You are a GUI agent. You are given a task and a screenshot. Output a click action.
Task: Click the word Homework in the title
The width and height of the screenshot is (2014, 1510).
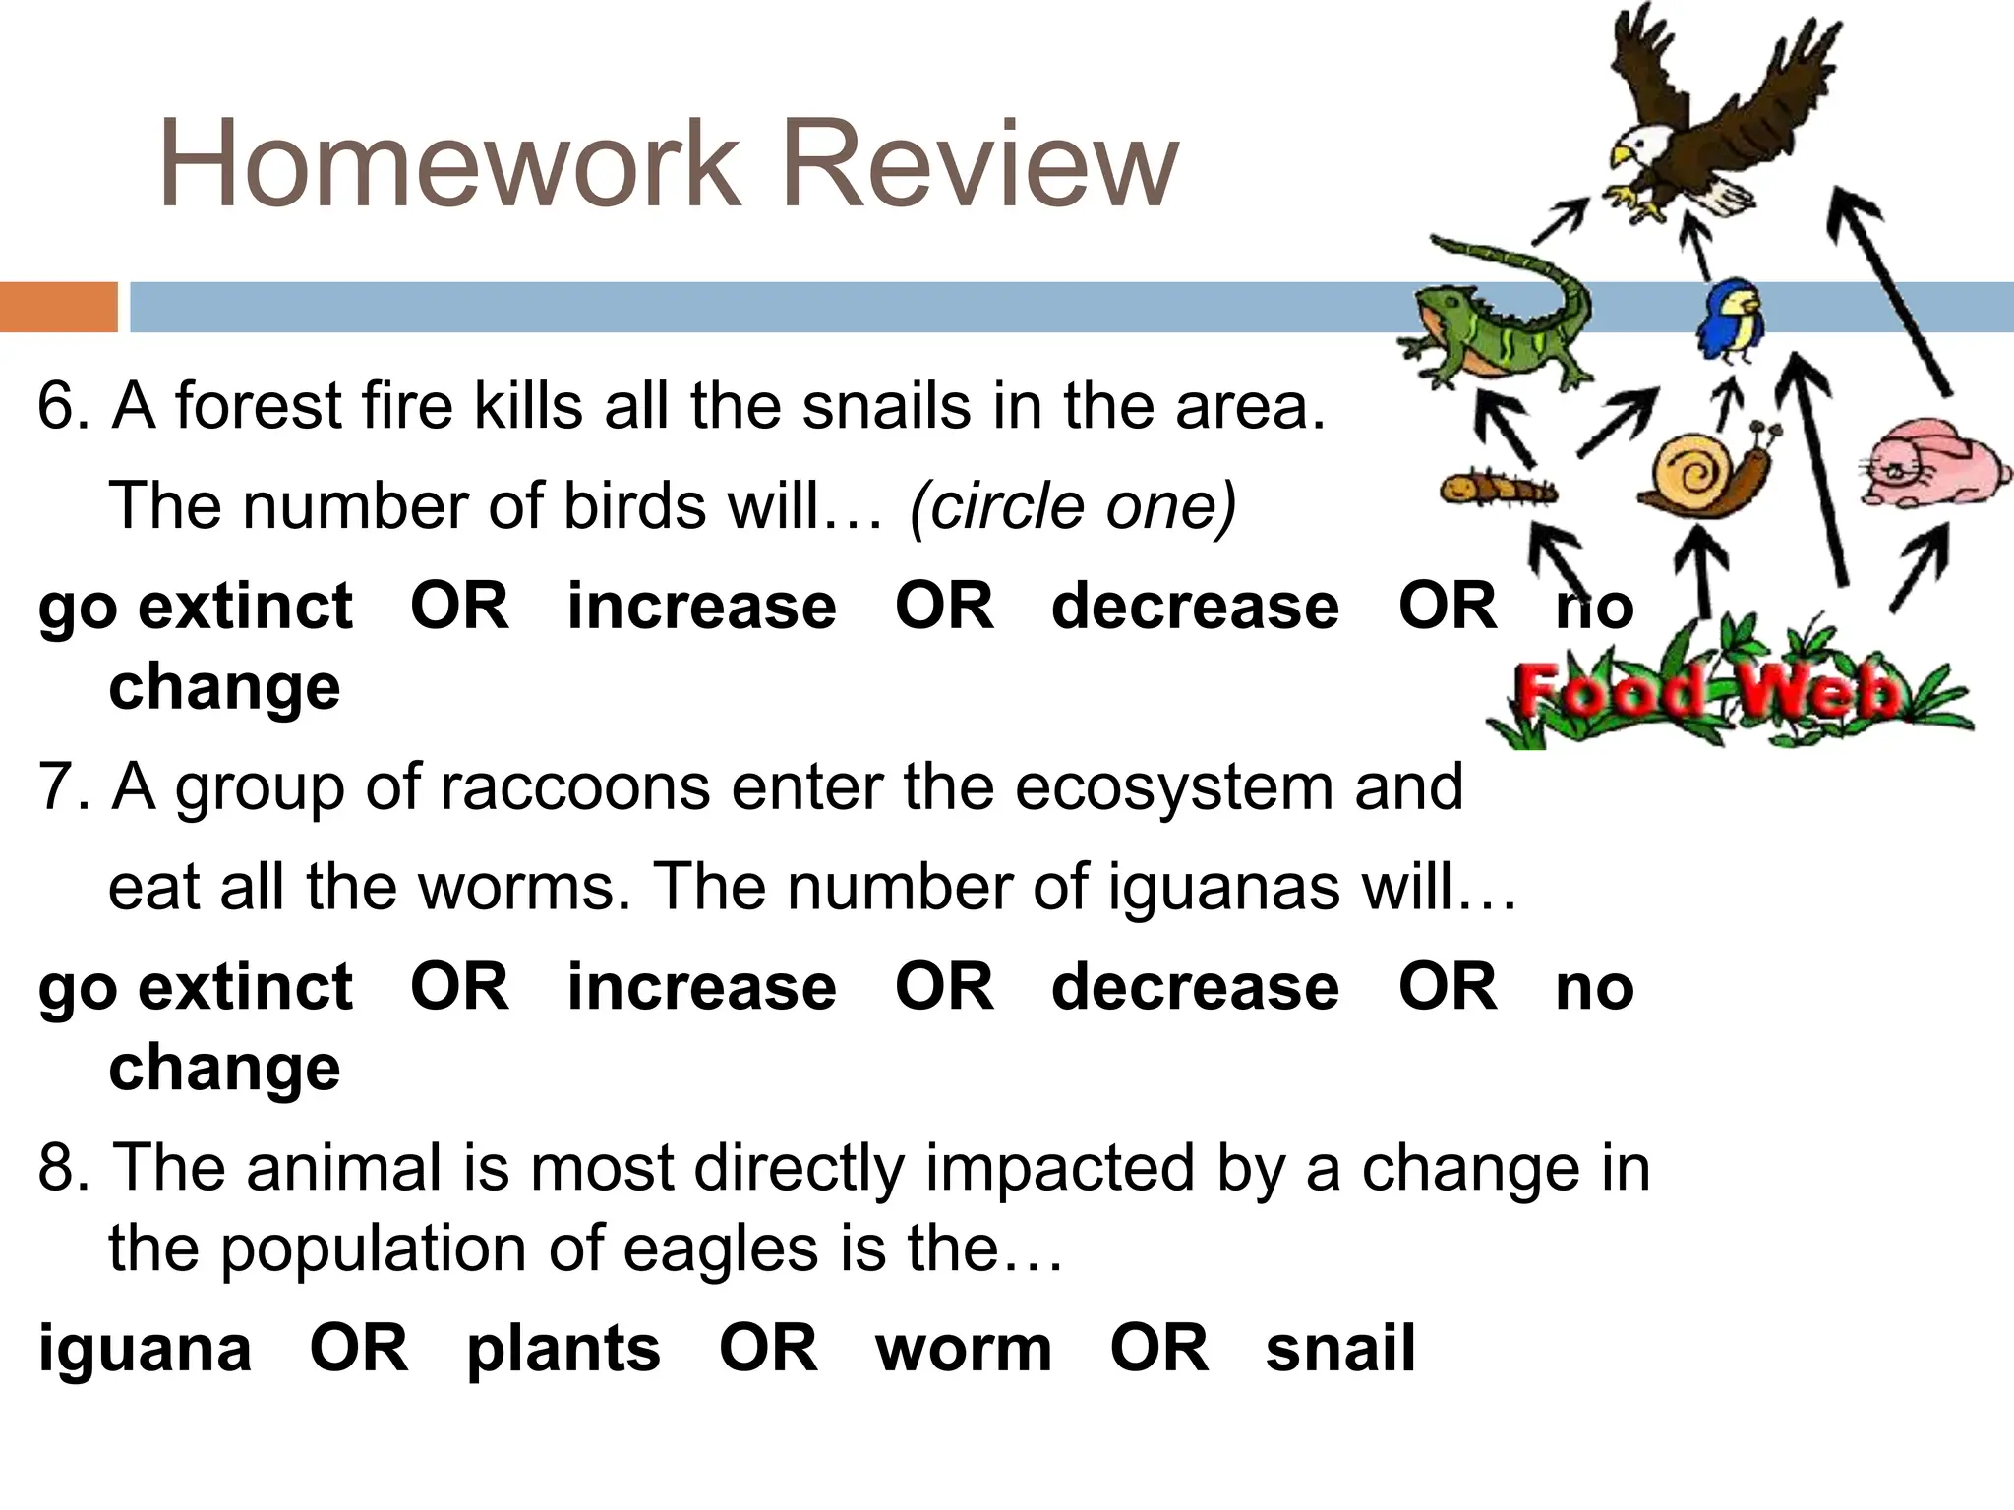click(x=448, y=164)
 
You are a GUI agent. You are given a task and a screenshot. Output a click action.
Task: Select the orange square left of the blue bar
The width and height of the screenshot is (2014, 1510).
click(x=58, y=307)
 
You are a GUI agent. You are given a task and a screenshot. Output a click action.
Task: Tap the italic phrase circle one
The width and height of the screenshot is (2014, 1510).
click(x=1073, y=507)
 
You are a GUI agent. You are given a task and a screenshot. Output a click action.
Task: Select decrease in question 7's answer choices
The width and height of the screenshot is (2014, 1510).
click(x=1195, y=987)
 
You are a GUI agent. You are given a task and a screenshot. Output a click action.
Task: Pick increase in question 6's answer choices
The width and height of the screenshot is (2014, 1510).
click(x=701, y=606)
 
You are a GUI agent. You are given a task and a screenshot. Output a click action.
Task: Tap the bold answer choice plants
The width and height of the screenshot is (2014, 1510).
click(x=563, y=1349)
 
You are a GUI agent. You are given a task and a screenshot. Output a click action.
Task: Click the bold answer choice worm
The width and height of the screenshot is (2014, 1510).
click(x=963, y=1349)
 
